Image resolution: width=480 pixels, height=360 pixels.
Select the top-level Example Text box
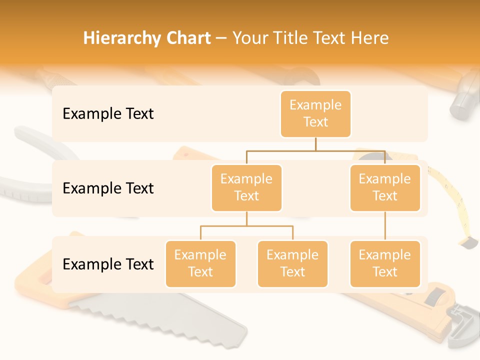tap(315, 113)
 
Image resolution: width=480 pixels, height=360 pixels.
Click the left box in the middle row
tap(246, 187)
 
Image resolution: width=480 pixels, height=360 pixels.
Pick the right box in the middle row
tap(385, 187)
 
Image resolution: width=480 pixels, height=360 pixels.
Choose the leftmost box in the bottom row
tap(200, 263)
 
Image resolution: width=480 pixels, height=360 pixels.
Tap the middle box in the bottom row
tap(292, 263)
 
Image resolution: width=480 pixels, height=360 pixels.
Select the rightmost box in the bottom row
tap(385, 263)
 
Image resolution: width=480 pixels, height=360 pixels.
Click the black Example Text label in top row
tap(108, 113)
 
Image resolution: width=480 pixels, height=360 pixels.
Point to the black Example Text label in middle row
tap(108, 188)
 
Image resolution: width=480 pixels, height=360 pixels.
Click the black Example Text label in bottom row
tap(108, 264)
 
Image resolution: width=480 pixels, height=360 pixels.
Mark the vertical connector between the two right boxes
tap(385, 226)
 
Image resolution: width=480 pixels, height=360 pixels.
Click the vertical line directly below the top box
tap(315, 144)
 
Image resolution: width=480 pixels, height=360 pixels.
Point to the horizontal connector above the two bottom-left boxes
tap(246, 226)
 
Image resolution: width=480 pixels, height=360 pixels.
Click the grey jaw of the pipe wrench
tap(462, 327)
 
